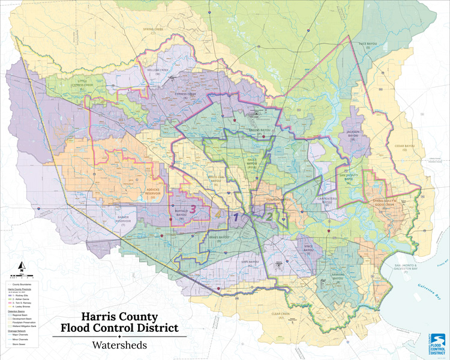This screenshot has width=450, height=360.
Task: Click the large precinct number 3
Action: (193, 209)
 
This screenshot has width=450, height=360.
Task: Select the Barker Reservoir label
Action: (122, 220)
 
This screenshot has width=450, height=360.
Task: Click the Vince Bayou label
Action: (308, 247)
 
